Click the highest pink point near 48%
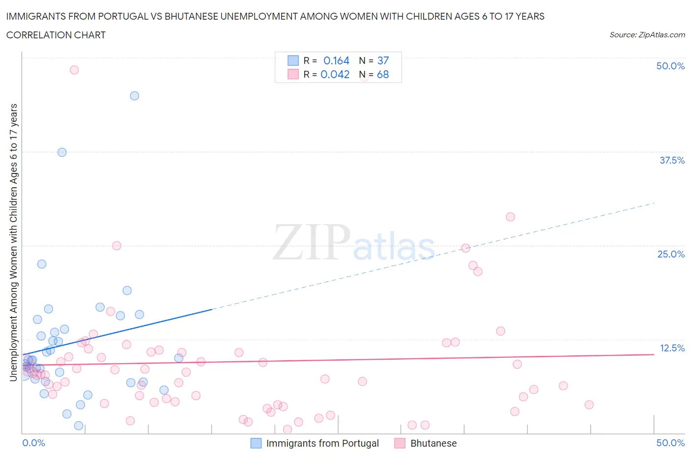74,70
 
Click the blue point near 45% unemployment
134,96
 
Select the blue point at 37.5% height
62,152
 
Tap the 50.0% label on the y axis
670,66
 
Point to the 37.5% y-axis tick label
672,160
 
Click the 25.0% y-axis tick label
671,254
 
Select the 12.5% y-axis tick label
672,348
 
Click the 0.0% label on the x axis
33,443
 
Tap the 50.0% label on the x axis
670,443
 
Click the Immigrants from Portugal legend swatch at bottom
256,443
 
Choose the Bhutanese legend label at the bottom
433,443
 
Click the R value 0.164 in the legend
336,60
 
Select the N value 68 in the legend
383,74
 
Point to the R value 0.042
335,74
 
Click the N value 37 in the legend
383,60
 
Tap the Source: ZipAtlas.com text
647,34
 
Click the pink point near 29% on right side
510,217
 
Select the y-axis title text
13,242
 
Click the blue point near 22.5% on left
42,264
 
